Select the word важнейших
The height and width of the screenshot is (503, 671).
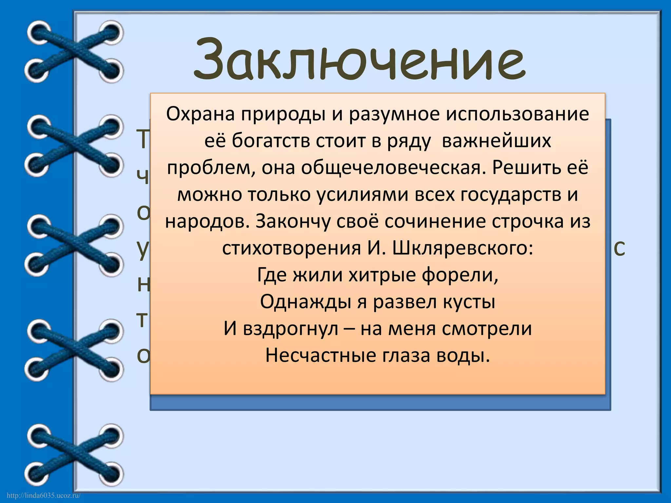click(x=497, y=141)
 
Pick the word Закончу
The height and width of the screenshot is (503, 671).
click(x=285, y=221)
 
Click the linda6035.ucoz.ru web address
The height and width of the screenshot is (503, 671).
click(x=43, y=495)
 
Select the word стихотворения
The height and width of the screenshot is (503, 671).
click(x=291, y=248)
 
